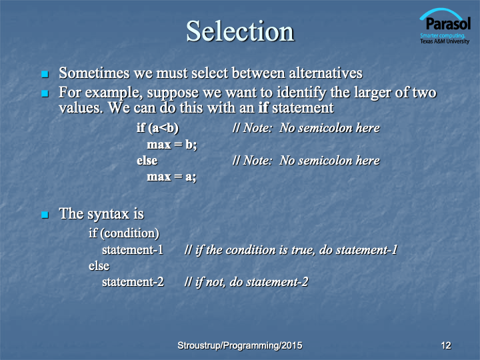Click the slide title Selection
click(x=240, y=31)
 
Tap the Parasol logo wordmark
click(x=448, y=23)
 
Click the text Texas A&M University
click(x=445, y=41)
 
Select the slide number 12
click(x=446, y=345)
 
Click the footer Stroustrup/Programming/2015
click(x=240, y=345)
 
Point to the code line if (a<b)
click(x=157, y=127)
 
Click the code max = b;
click(x=172, y=144)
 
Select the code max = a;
click(x=171, y=177)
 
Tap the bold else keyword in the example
click(x=147, y=161)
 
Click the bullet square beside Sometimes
click(x=45, y=74)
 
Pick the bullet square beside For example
click(x=45, y=93)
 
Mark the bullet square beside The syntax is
click(x=45, y=215)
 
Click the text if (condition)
click(x=124, y=233)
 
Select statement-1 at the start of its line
click(x=133, y=250)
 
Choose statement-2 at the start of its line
click(x=133, y=281)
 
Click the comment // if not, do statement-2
click(x=246, y=282)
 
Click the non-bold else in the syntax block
click(x=99, y=266)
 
